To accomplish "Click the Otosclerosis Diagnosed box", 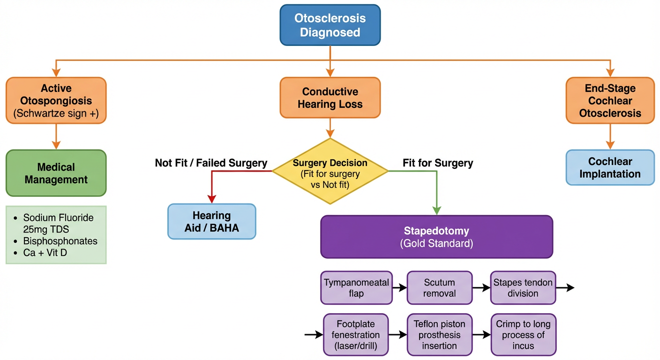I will pyautogui.click(x=330, y=25).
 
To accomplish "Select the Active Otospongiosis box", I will pyautogui.click(x=56, y=101).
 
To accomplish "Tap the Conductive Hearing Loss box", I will pyautogui.click(x=330, y=97).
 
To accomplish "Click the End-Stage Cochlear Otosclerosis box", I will pyautogui.click(x=610, y=100).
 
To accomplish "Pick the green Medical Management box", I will pyautogui.click(x=56, y=173).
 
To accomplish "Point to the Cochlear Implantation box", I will pyautogui.click(x=610, y=167).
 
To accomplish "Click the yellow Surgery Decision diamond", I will pyautogui.click(x=330, y=171).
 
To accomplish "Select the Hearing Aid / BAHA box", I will pyautogui.click(x=212, y=221).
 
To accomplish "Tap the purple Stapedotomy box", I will pyautogui.click(x=436, y=237).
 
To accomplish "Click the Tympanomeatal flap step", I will pyautogui.click(x=356, y=288).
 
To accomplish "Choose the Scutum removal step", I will pyautogui.click(x=439, y=288).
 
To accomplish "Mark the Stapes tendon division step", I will pyautogui.click(x=523, y=288).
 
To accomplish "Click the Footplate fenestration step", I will pyautogui.click(x=356, y=335).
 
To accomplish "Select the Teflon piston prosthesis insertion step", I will pyautogui.click(x=439, y=335).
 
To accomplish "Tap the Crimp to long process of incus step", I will pyautogui.click(x=523, y=335).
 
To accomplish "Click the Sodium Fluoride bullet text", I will pyautogui.click(x=59, y=224).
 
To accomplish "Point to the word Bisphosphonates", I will pyautogui.click(x=60, y=241).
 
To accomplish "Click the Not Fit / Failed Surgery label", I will pyautogui.click(x=211, y=163).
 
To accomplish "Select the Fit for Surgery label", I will pyautogui.click(x=438, y=163).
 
